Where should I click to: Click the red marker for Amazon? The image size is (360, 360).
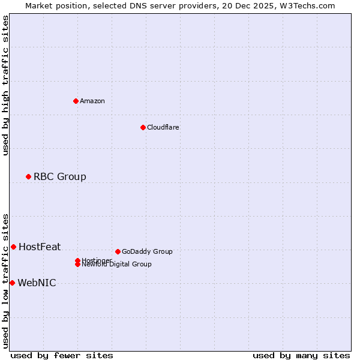coord(76,101)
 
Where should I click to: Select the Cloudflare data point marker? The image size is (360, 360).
coord(143,127)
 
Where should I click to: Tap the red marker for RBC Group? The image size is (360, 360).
coord(28,176)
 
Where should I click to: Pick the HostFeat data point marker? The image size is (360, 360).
coord(13,247)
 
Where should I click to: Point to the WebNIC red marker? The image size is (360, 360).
coord(12,283)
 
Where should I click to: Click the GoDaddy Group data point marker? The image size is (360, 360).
coord(118,251)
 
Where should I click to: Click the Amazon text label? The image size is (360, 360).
coord(92,101)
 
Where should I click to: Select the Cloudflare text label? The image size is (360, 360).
coord(163,127)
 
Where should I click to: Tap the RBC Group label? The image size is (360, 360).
coord(60,176)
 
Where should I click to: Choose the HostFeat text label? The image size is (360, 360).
coord(40,247)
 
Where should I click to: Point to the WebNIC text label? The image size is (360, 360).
coord(37,283)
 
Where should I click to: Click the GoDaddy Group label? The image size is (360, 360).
coord(147,251)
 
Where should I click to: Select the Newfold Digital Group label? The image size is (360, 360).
coord(117,265)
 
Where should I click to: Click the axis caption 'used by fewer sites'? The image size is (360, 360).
coord(62,355)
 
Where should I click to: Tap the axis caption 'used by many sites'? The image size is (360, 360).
coord(301,355)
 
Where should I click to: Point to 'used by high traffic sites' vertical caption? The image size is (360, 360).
coord(5,85)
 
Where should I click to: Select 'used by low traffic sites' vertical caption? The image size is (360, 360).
coord(5,280)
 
